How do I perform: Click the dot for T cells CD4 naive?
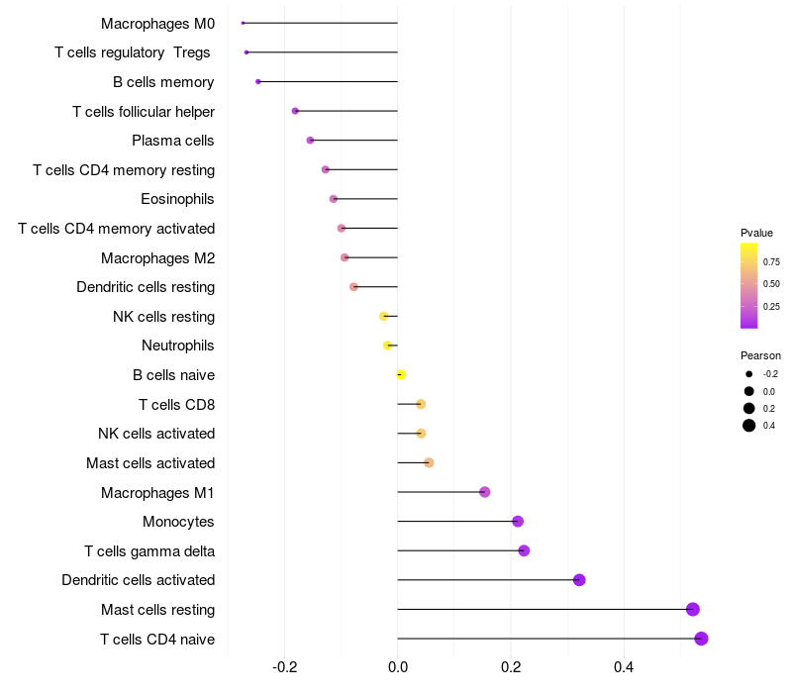point(701,639)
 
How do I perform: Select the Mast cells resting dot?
point(692,609)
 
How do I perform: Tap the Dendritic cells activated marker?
point(579,580)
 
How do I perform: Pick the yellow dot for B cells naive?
point(401,375)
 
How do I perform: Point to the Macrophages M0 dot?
point(243,23)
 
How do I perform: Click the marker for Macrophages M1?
point(484,492)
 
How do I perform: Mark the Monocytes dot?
point(518,522)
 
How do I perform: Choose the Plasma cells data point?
point(310,140)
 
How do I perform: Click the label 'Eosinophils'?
point(177,199)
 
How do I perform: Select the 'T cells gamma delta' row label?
point(149,551)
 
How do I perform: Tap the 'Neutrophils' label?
point(178,346)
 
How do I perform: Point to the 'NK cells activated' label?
point(156,434)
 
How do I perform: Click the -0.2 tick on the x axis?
point(284,667)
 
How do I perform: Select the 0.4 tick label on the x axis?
point(624,667)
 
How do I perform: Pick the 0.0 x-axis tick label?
point(398,667)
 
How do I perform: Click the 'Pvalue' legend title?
point(756,233)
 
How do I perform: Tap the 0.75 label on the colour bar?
point(771,262)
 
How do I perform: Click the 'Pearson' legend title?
point(760,355)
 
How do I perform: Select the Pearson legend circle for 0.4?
point(749,426)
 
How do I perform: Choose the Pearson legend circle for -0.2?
point(749,374)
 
